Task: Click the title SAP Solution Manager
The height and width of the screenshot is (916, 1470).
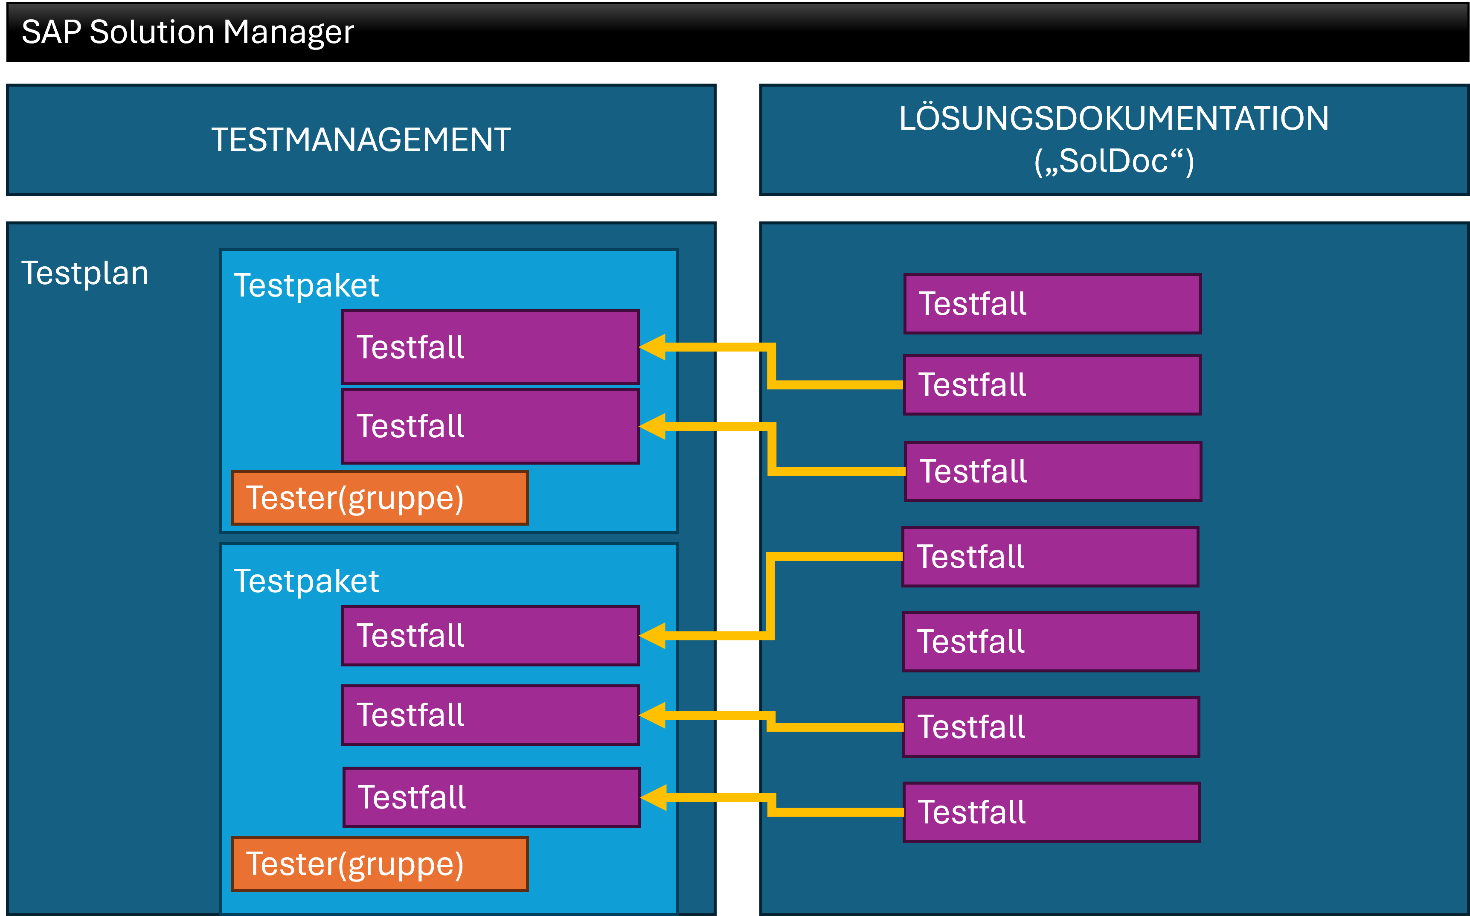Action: [187, 32]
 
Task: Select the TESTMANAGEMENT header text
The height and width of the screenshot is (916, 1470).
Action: [361, 140]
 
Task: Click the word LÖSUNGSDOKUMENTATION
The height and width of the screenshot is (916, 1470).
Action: [1113, 119]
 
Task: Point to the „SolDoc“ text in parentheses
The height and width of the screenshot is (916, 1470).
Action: [1113, 162]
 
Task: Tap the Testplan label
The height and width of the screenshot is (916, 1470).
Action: [85, 273]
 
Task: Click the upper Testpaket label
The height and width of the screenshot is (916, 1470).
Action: [306, 286]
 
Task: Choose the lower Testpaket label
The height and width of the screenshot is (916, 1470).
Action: [306, 582]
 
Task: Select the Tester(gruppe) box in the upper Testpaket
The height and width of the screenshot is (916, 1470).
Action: [380, 498]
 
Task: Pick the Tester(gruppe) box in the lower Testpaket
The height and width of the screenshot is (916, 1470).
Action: [380, 864]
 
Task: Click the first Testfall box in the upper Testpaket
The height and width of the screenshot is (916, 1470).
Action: [490, 348]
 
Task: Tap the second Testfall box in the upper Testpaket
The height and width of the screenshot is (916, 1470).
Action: [490, 427]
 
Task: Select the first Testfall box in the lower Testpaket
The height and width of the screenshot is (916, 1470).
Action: [490, 636]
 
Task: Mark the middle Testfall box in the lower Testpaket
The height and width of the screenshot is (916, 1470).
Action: [490, 715]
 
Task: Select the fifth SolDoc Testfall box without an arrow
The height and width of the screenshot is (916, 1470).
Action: [1050, 642]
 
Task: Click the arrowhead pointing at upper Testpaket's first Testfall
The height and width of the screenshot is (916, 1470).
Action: [653, 348]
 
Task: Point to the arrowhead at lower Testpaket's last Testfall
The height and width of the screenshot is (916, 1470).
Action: [654, 798]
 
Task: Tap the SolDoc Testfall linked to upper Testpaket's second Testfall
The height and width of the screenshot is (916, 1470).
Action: [1053, 472]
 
